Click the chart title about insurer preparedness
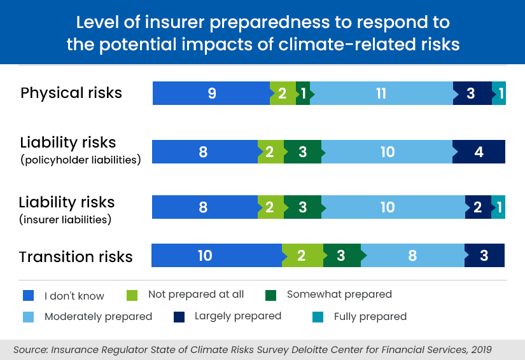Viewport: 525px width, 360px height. (262, 33)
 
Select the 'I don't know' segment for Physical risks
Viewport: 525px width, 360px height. (211, 93)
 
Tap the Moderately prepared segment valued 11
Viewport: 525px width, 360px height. (381, 93)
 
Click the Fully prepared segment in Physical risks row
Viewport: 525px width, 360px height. (500, 93)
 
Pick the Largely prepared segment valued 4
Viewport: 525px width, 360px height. (479, 152)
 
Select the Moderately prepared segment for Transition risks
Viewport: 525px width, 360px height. (412, 256)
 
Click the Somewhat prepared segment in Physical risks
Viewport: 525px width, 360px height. (304, 93)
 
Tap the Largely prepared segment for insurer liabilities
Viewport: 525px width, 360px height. (478, 207)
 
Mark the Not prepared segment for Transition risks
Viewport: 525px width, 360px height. (302, 256)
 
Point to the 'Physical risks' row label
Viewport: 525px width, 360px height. (71, 93)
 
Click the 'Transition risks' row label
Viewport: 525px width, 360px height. (76, 257)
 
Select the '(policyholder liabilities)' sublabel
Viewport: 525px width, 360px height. (80, 160)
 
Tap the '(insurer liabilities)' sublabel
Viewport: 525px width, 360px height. (66, 220)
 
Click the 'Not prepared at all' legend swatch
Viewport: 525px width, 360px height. (132, 295)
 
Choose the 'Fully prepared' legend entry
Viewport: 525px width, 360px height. (370, 316)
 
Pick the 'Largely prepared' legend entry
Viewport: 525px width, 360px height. (237, 316)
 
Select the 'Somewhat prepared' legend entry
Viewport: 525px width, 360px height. (339, 294)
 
